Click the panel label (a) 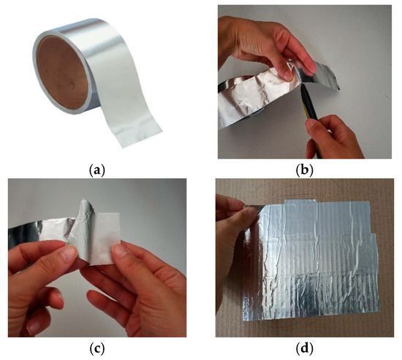pyautogui.click(x=96, y=170)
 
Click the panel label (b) pyautogui.click(x=304, y=170)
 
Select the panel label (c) pyautogui.click(x=96, y=348)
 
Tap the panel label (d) pyautogui.click(x=304, y=348)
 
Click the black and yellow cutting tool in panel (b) pyautogui.click(x=311, y=115)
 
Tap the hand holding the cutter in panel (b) pyautogui.click(x=333, y=138)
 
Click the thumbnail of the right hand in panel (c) pyautogui.click(x=120, y=249)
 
